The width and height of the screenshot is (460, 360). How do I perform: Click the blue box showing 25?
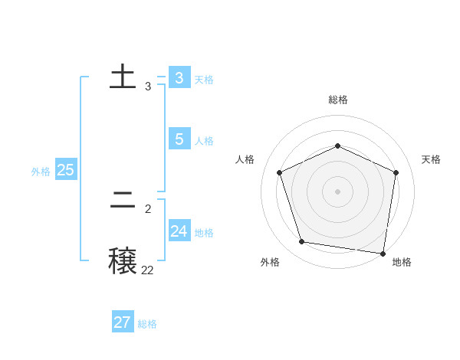[66, 170]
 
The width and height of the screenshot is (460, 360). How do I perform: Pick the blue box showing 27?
[123, 322]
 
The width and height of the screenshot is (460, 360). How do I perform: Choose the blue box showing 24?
[179, 231]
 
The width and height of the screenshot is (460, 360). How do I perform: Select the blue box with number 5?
[179, 139]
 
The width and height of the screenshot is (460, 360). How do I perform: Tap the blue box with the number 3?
[179, 78]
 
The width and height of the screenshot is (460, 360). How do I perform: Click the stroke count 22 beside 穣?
[147, 270]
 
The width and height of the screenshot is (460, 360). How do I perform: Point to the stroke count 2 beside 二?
[148, 208]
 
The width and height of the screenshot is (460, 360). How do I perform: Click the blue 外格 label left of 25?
[41, 172]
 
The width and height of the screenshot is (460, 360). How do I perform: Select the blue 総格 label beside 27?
[147, 324]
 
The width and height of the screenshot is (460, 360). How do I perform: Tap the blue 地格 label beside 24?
[204, 233]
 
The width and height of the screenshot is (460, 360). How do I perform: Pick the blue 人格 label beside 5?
[204, 141]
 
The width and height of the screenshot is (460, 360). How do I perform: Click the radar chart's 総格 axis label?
[338, 100]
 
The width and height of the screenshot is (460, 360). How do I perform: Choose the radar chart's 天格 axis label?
[432, 159]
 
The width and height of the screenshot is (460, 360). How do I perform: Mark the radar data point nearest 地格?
[383, 253]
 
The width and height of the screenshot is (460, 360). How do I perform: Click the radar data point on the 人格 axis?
[280, 172]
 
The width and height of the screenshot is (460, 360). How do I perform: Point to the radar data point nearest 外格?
[302, 242]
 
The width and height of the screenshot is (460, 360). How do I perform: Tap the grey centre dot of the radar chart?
[337, 191]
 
